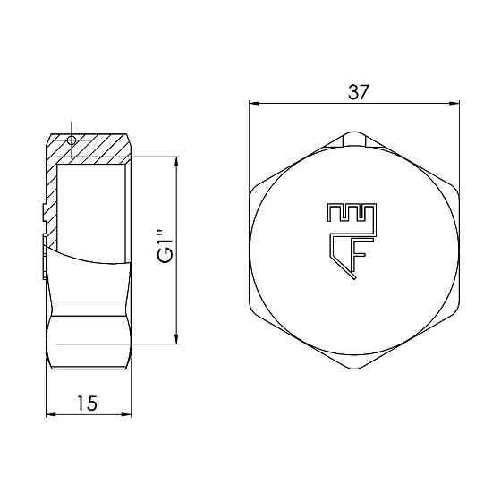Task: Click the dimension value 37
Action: click(x=355, y=91)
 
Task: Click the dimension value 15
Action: click(x=87, y=403)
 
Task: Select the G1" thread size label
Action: click(x=164, y=248)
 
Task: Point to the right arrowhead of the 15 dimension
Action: click(x=129, y=415)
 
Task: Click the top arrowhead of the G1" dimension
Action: click(x=175, y=160)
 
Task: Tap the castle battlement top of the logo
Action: click(x=350, y=213)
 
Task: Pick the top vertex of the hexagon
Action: click(x=355, y=132)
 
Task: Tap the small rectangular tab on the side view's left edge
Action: click(x=43, y=212)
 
